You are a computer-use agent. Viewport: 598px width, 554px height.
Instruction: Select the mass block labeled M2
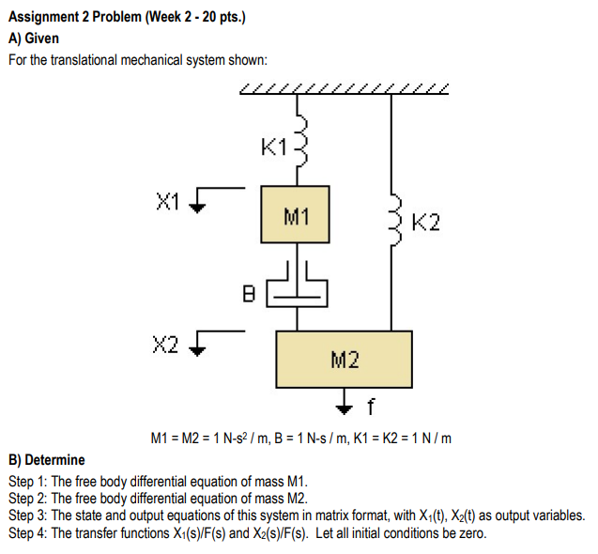point(344,359)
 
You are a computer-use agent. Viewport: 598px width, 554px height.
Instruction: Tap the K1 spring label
point(275,146)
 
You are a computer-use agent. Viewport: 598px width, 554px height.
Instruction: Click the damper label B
point(249,293)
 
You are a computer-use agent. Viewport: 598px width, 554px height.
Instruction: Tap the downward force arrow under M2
point(345,401)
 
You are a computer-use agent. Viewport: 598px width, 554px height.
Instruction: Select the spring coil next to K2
point(395,222)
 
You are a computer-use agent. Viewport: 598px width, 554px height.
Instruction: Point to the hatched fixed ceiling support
point(345,90)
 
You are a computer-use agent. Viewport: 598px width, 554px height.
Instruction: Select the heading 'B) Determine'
point(46,460)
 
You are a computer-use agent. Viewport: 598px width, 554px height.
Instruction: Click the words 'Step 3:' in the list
point(27,516)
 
